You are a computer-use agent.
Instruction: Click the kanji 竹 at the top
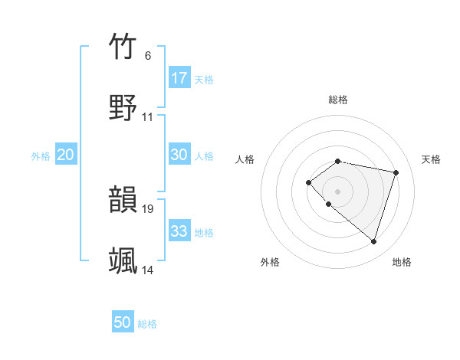[x=123, y=47]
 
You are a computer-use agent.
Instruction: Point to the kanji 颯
[x=123, y=260]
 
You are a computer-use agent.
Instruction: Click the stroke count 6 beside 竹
[x=148, y=56]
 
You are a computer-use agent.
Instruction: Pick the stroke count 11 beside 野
[x=148, y=116]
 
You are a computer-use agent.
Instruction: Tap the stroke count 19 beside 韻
[x=148, y=208]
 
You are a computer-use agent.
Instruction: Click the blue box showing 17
[x=179, y=78]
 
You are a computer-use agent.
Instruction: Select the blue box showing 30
[x=179, y=155]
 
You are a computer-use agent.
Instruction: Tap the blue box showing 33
[x=179, y=231]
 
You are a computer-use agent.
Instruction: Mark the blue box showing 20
[x=66, y=155]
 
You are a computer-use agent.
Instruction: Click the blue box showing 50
[x=123, y=322]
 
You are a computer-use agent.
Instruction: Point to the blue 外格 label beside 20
[x=41, y=156]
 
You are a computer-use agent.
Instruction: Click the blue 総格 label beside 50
[x=147, y=324]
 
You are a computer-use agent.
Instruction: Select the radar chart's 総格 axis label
[x=338, y=100]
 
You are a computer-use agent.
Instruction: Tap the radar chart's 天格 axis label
[x=431, y=159]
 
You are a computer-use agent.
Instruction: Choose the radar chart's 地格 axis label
[x=402, y=262]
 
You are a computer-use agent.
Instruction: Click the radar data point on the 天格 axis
[x=396, y=172]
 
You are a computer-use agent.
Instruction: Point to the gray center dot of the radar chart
[x=338, y=191]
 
